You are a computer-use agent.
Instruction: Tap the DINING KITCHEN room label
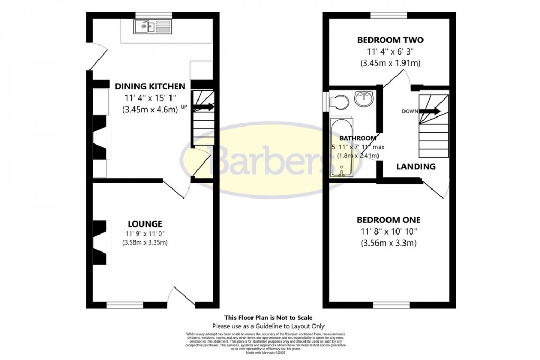[150, 86]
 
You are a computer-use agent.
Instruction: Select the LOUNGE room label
[145, 224]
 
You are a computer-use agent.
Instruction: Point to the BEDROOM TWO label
[390, 40]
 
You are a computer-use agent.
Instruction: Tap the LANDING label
[416, 166]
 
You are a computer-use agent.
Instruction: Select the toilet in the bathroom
[338, 101]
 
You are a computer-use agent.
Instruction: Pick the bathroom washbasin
[364, 98]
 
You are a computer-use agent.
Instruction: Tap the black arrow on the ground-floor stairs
[204, 106]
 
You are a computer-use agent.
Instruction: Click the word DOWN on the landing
[409, 111]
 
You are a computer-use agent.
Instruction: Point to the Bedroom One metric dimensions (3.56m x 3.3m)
[389, 243]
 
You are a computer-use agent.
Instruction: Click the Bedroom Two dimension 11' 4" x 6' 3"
[390, 52]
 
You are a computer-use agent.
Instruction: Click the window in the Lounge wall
[124, 305]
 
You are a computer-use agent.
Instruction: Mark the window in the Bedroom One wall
[391, 305]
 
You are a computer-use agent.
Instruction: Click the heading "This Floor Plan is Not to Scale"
[268, 318]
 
